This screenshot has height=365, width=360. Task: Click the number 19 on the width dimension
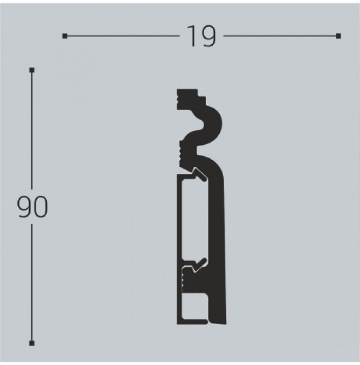click(x=202, y=36)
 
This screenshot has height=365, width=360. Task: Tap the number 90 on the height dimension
click(x=33, y=207)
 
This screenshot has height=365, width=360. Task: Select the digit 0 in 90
click(x=41, y=207)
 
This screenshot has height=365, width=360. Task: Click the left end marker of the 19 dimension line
click(x=65, y=36)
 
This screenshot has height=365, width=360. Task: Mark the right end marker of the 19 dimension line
click(x=338, y=36)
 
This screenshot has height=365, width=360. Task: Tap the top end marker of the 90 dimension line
click(x=32, y=70)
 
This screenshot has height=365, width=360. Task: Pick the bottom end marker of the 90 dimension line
click(x=32, y=343)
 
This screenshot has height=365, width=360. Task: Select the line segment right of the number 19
click(x=280, y=36)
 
